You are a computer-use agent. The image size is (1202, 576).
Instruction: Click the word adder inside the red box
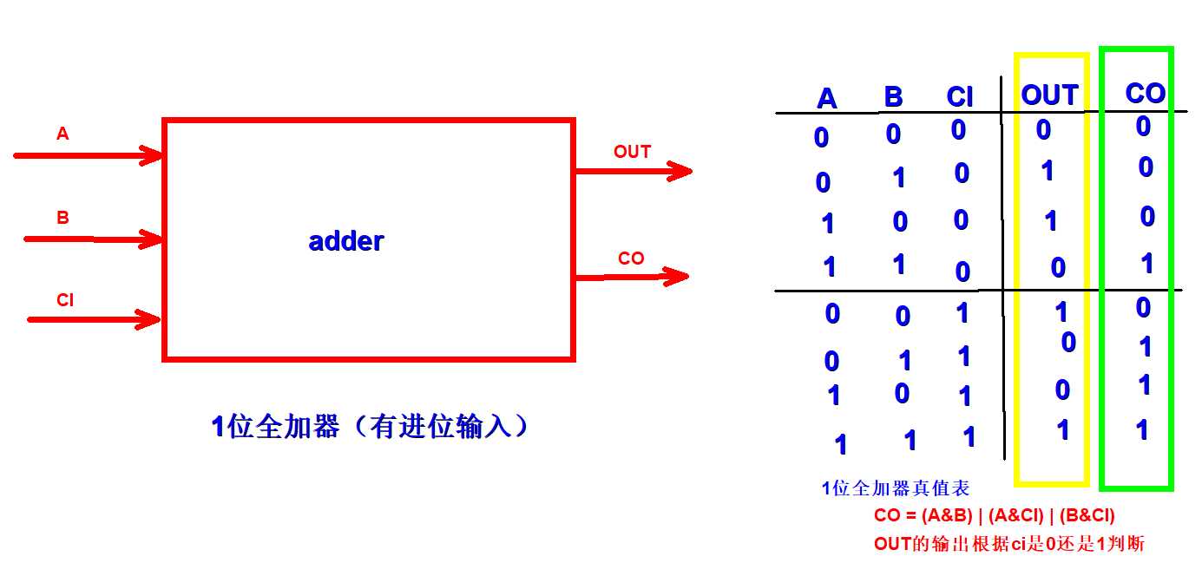pyautogui.click(x=345, y=241)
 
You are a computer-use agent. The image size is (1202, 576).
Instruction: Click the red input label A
pyautogui.click(x=62, y=134)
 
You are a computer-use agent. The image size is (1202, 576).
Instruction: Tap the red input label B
pyautogui.click(x=62, y=218)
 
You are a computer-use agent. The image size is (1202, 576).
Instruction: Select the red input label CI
pyautogui.click(x=65, y=300)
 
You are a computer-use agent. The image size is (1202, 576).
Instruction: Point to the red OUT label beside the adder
pyautogui.click(x=632, y=152)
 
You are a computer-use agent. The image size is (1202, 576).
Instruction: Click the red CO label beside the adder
pyautogui.click(x=631, y=259)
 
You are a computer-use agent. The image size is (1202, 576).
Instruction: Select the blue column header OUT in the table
pyautogui.click(x=1049, y=95)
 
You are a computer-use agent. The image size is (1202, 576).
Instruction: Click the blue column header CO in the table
pyautogui.click(x=1145, y=93)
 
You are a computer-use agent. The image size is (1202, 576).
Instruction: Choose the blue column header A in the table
pyautogui.click(x=827, y=99)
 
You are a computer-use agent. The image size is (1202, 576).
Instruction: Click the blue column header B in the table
pyautogui.click(x=893, y=96)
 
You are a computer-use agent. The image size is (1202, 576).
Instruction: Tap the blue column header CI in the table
pyautogui.click(x=960, y=97)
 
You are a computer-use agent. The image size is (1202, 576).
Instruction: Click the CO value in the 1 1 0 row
pyautogui.click(x=1147, y=264)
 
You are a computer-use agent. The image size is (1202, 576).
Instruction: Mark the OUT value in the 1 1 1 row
pyautogui.click(x=1063, y=429)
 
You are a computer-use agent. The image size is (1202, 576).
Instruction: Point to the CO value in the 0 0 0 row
pyautogui.click(x=1143, y=127)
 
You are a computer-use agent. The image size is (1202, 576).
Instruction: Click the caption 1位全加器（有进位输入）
pyautogui.click(x=370, y=427)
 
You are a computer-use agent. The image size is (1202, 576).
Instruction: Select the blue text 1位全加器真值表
pyautogui.click(x=895, y=488)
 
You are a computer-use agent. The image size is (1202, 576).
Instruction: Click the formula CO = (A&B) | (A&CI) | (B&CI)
pyautogui.click(x=994, y=516)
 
